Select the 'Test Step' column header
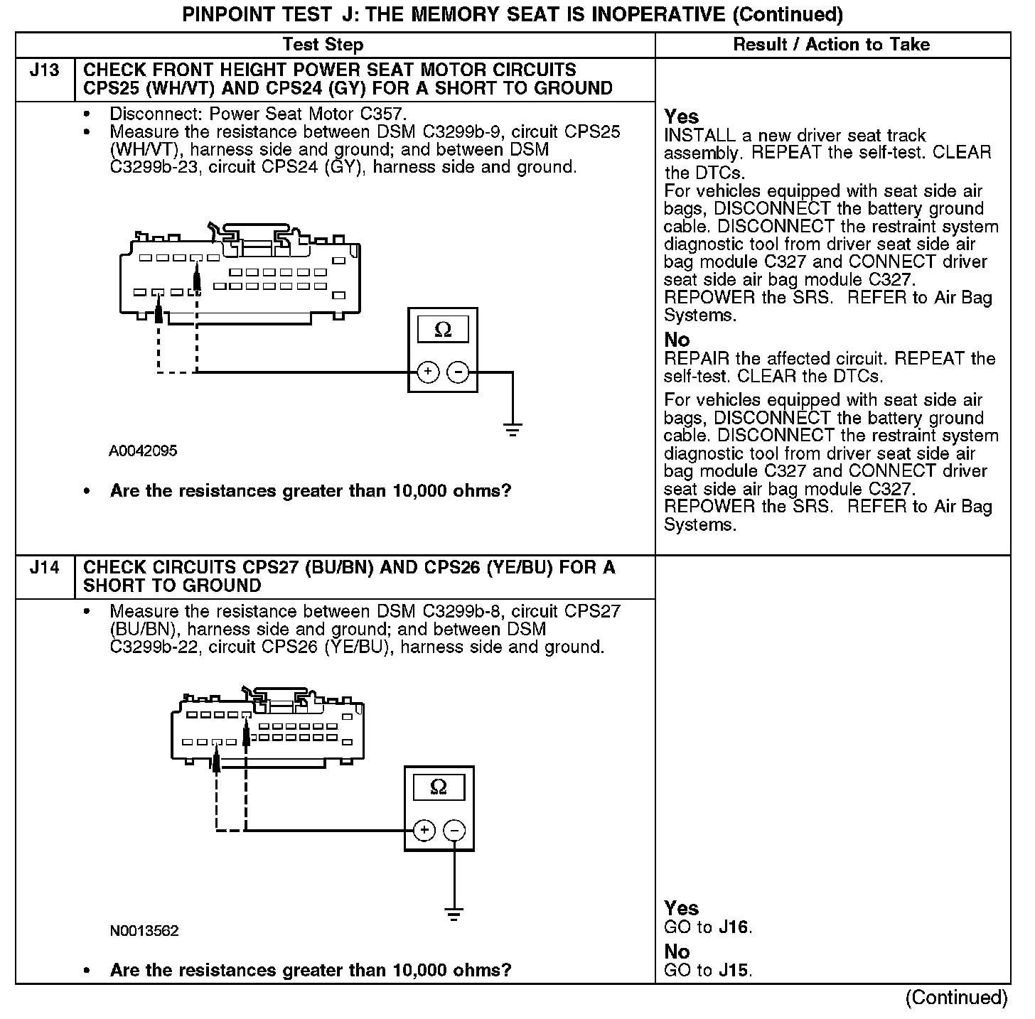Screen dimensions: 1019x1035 coord(323,45)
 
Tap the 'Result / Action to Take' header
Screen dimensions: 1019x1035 coord(831,45)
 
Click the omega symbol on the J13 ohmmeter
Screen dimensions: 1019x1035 coord(443,330)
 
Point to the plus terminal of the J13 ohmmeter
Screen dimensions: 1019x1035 coord(427,372)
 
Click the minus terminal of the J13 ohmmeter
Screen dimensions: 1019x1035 coord(458,372)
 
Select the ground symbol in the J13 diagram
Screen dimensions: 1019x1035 coord(513,428)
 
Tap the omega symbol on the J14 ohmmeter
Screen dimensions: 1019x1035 coord(439,787)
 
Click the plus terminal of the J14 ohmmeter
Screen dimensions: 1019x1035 coord(424,830)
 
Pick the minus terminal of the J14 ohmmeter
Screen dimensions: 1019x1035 coord(454,830)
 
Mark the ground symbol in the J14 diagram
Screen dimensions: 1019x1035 coord(454,914)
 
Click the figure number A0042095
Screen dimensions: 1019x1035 coord(143,451)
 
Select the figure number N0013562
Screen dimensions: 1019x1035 coord(144,931)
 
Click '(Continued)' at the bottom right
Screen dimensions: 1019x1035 coord(956,998)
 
